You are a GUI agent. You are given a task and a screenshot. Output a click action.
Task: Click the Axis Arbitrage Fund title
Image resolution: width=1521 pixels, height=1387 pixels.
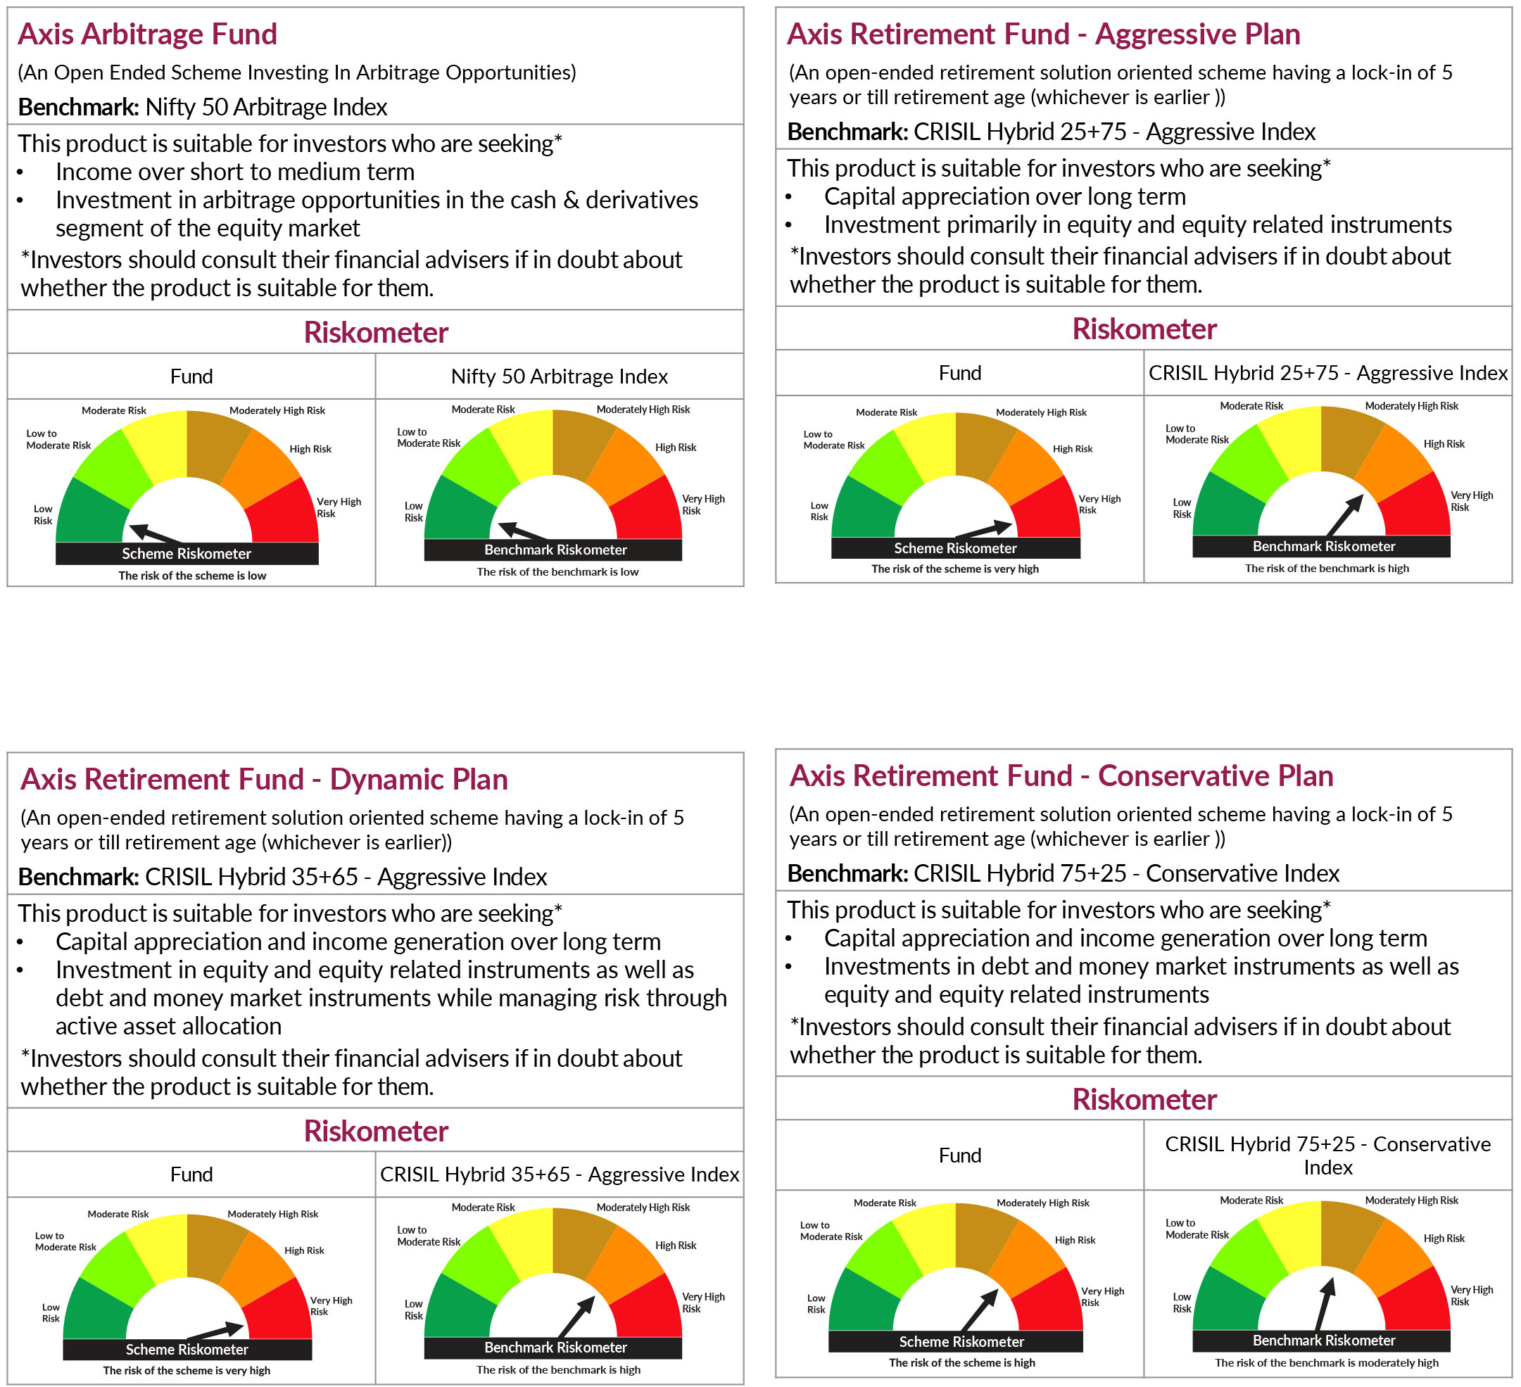(147, 34)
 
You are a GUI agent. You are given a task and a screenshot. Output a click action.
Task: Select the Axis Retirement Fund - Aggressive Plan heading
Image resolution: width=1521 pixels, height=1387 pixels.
(1042, 34)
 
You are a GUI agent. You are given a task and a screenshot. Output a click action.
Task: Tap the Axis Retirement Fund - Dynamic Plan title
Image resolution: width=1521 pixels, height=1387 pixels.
(264, 779)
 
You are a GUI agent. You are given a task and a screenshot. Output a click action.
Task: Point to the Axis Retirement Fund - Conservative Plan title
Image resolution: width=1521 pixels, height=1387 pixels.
(1061, 775)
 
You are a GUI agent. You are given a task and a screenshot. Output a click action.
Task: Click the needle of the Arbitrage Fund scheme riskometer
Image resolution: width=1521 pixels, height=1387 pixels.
(155, 534)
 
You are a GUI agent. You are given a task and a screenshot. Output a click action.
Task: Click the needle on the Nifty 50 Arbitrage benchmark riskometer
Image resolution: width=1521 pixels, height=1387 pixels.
(522, 531)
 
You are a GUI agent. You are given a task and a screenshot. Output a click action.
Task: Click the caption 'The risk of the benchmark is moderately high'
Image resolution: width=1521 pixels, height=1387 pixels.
(1326, 1363)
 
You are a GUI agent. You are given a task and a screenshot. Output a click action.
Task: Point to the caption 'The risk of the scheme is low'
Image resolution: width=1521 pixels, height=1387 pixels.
(191, 576)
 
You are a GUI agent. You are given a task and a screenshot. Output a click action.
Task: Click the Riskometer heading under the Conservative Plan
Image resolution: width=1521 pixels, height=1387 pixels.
(1144, 1100)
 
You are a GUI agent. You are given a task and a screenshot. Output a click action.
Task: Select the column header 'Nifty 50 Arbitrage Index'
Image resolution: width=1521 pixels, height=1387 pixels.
(559, 376)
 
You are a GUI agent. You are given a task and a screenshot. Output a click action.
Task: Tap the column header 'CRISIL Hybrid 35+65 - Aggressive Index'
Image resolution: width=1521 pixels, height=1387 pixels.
(559, 1174)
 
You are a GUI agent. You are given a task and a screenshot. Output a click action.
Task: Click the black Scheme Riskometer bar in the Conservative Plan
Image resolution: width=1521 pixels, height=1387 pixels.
(955, 1342)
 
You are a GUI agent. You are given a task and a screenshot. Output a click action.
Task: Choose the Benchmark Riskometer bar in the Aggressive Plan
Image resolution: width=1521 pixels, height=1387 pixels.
(1321, 546)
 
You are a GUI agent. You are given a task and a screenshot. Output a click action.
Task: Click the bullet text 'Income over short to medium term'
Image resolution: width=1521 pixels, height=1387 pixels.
(234, 172)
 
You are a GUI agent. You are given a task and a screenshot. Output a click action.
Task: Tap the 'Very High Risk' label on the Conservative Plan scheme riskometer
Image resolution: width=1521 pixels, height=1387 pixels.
(1102, 1296)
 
